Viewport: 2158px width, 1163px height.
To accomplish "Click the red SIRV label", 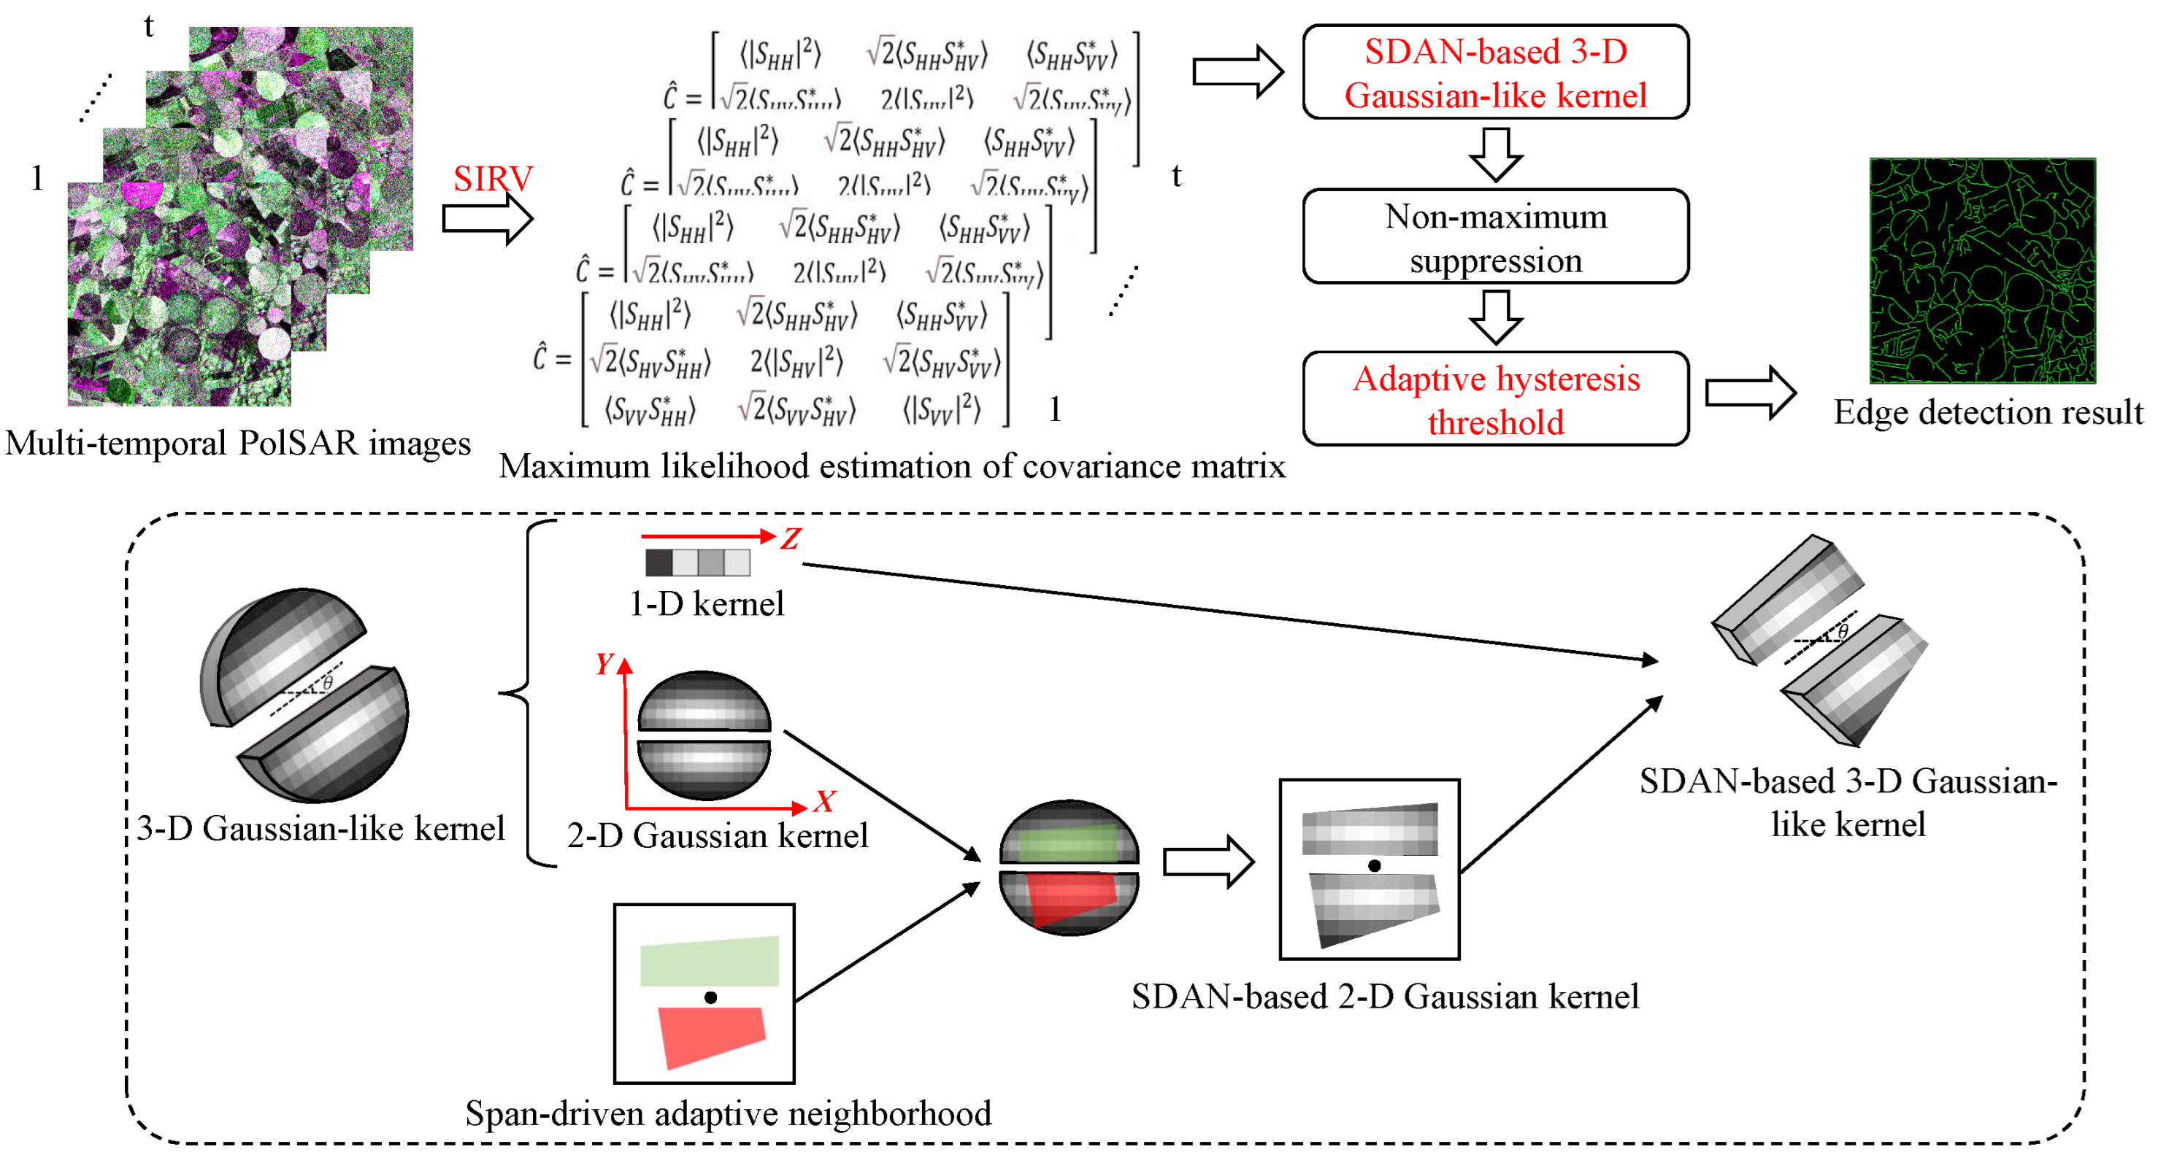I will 493,178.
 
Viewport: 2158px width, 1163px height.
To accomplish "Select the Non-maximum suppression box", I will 1495,237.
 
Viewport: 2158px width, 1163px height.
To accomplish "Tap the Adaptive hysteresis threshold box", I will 1495,399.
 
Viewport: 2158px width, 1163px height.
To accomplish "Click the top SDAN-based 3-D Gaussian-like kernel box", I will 1495,73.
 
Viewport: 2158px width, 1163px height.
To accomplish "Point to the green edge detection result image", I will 1982,271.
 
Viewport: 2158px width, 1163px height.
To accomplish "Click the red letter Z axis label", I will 790,538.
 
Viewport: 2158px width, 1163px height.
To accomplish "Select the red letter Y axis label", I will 604,664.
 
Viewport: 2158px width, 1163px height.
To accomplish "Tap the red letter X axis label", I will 824,801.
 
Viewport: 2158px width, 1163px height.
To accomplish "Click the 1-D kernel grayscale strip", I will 697,562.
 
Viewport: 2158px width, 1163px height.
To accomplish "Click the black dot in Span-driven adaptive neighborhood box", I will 710,997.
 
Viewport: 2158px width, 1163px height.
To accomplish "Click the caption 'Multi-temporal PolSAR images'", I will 238,443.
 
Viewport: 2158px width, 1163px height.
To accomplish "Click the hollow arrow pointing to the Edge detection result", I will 1750,392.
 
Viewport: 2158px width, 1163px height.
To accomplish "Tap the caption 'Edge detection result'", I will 1987,413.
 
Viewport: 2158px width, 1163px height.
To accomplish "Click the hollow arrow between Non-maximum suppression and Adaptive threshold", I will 1495,317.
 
